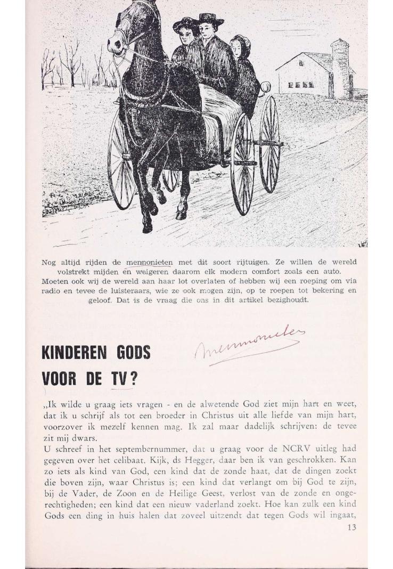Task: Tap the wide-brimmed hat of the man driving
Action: pyautogui.click(x=211, y=19)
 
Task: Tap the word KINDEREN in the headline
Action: pyautogui.click(x=75, y=353)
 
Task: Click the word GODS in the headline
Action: pyautogui.click(x=133, y=353)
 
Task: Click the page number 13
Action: pyautogui.click(x=351, y=527)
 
